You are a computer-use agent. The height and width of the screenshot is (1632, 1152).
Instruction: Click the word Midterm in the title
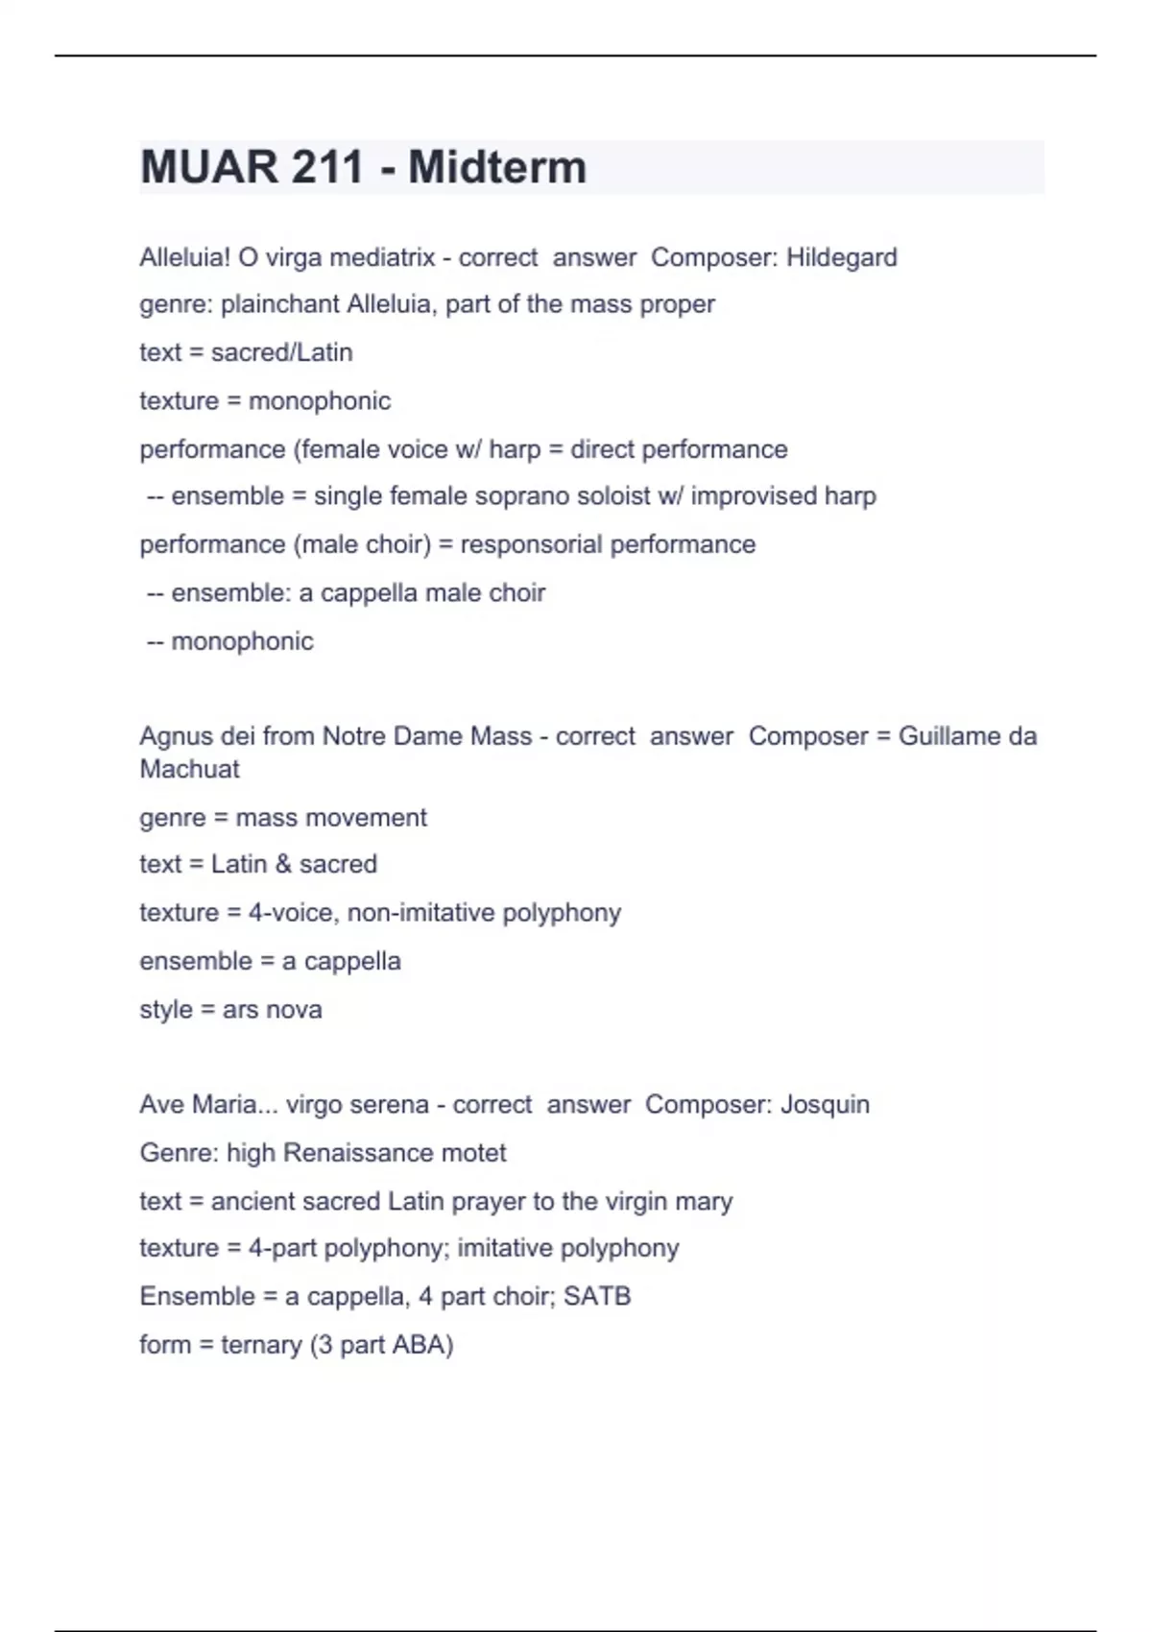coord(496,167)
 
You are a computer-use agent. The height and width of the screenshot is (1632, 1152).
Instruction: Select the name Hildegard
coord(841,257)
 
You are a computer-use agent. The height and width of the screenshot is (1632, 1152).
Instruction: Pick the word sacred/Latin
coord(281,352)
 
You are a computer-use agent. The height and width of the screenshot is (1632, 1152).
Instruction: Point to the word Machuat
coord(189,769)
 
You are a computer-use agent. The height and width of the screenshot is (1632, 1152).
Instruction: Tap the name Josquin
coord(825,1104)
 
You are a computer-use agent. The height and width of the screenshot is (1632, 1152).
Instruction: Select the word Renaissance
coord(357,1152)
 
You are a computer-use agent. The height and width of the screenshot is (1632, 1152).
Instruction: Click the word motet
coord(473,1152)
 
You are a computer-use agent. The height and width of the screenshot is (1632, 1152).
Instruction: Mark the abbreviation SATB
coord(596,1296)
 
